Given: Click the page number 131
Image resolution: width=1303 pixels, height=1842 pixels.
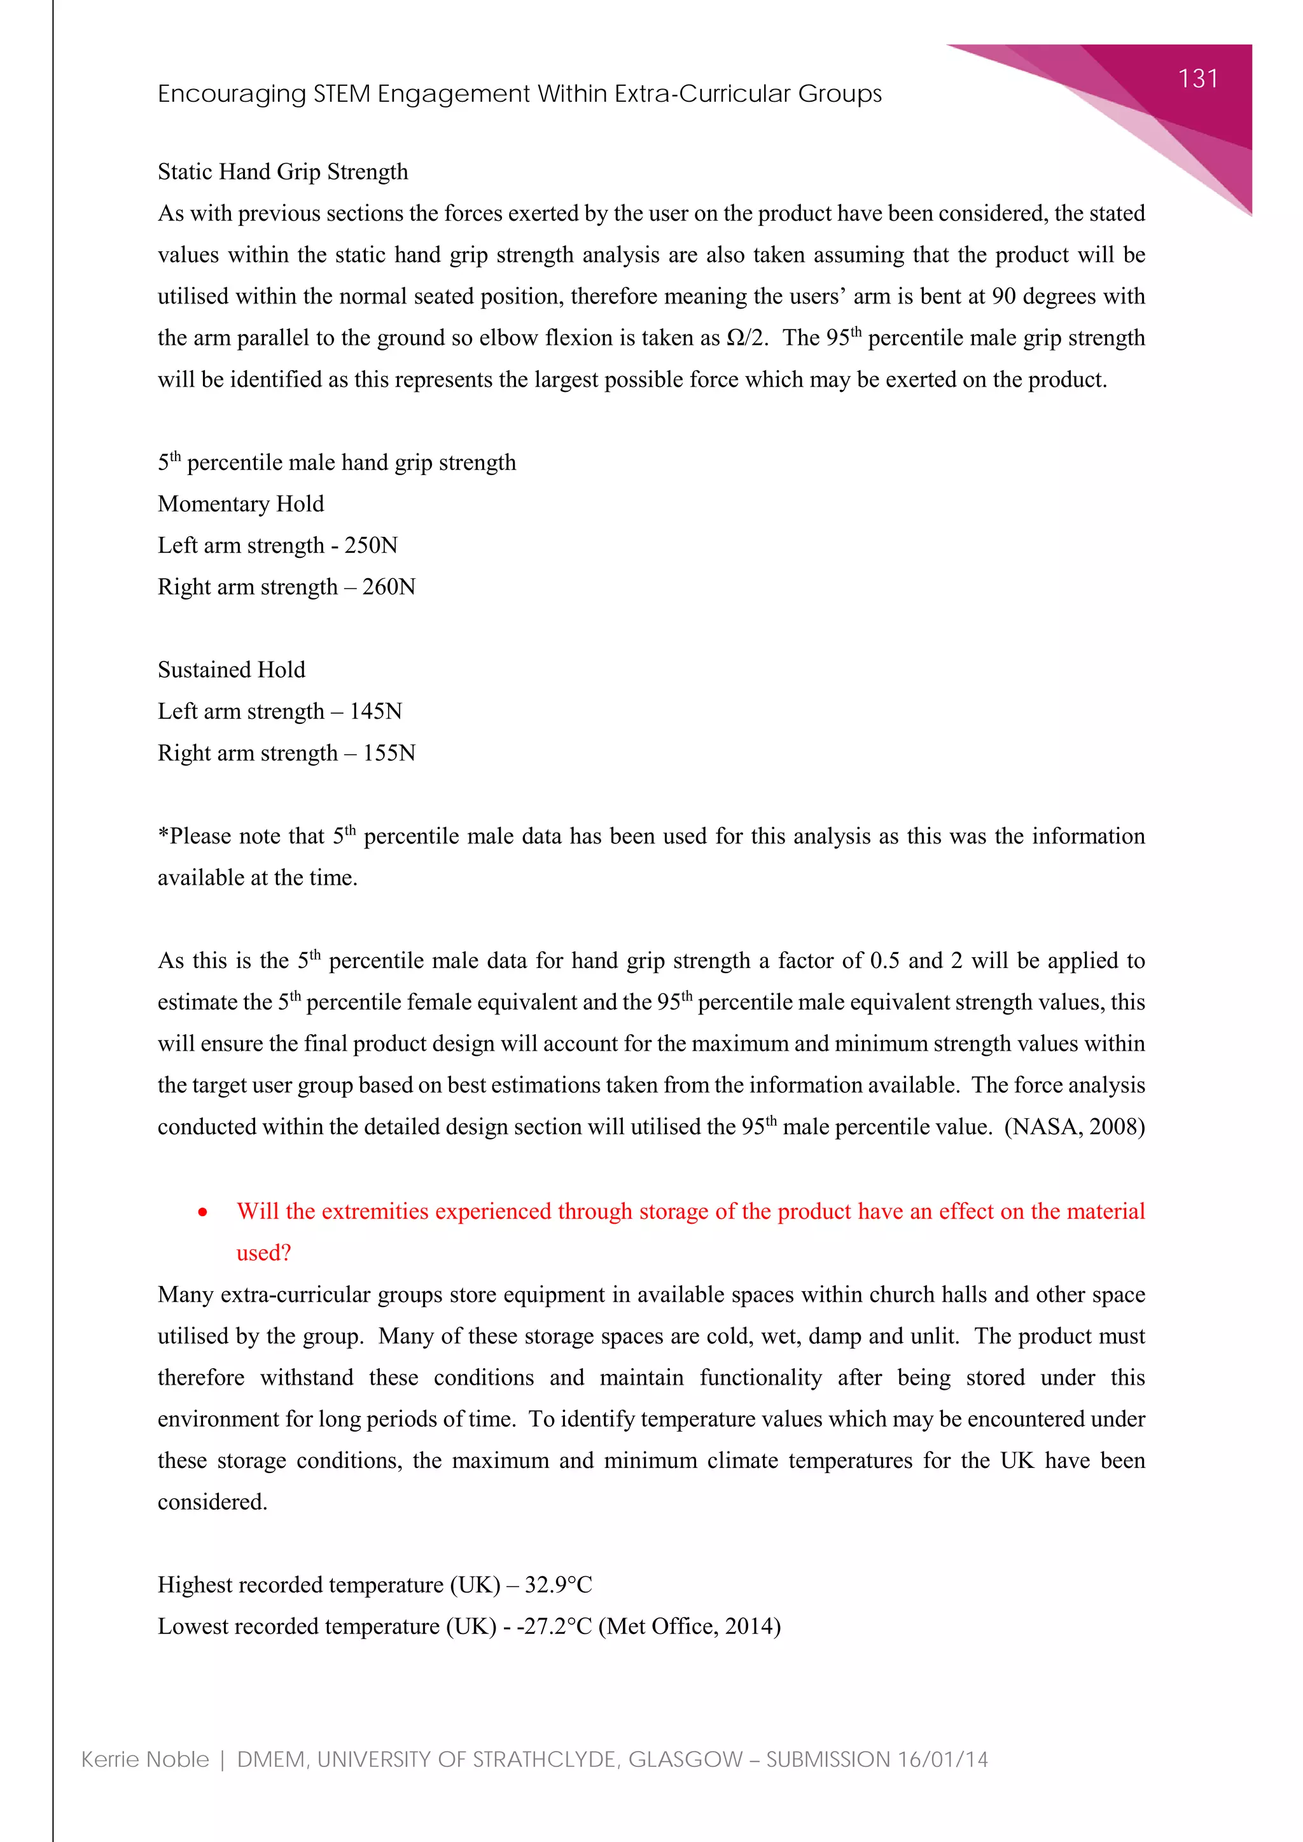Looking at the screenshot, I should (1197, 79).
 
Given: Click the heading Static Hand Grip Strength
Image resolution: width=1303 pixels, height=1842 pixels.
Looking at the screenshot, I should (282, 172).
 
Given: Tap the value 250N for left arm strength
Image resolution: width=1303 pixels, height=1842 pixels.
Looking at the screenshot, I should (371, 546).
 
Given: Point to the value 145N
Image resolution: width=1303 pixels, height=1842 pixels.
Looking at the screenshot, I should (375, 712).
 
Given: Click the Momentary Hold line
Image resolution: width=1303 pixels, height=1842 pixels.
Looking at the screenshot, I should (240, 504).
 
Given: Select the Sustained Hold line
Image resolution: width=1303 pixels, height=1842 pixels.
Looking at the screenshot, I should (231, 670).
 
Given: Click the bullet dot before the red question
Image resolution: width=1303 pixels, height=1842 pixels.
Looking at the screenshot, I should (203, 1212).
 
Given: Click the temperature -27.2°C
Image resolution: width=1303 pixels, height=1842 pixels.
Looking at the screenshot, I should (554, 1627).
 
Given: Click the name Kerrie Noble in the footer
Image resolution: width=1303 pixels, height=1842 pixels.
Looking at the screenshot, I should (145, 1759).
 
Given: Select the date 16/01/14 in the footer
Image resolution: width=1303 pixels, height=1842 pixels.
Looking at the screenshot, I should (942, 1759).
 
